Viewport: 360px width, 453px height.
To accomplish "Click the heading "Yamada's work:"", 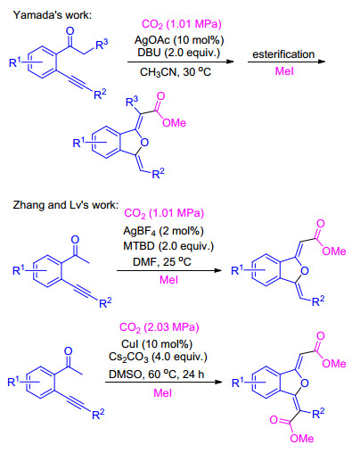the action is [53, 15].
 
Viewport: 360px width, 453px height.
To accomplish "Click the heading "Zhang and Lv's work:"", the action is [65, 205].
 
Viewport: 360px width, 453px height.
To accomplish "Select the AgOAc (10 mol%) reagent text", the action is [179, 40].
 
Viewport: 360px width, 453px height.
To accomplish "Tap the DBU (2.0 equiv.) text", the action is [178, 53].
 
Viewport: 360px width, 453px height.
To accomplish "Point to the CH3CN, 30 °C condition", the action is [176, 72].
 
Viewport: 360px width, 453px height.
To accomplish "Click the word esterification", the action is [283, 54].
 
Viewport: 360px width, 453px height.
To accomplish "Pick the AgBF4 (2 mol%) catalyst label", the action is [163, 231].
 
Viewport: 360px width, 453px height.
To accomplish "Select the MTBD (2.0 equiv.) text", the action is [168, 246].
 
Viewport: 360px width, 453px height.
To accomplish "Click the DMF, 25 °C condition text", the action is [162, 262].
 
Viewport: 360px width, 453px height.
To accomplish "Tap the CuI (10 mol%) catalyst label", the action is [157, 344].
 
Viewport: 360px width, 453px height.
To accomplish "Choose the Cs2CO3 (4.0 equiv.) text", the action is [158, 357].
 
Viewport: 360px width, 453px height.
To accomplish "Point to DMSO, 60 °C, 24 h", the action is [157, 375].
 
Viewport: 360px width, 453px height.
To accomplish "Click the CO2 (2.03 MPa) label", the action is [159, 327].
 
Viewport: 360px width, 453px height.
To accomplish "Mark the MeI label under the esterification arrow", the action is [284, 71].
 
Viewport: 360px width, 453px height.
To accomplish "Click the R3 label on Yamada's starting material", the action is [102, 45].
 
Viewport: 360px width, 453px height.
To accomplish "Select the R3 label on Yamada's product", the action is [132, 102].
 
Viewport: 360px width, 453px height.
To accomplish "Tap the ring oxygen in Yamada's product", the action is [144, 143].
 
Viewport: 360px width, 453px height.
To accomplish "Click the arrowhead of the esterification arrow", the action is [322, 62].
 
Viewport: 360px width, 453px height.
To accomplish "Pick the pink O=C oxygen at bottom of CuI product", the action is [274, 420].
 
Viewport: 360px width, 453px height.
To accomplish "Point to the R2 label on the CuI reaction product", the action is [318, 413].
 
